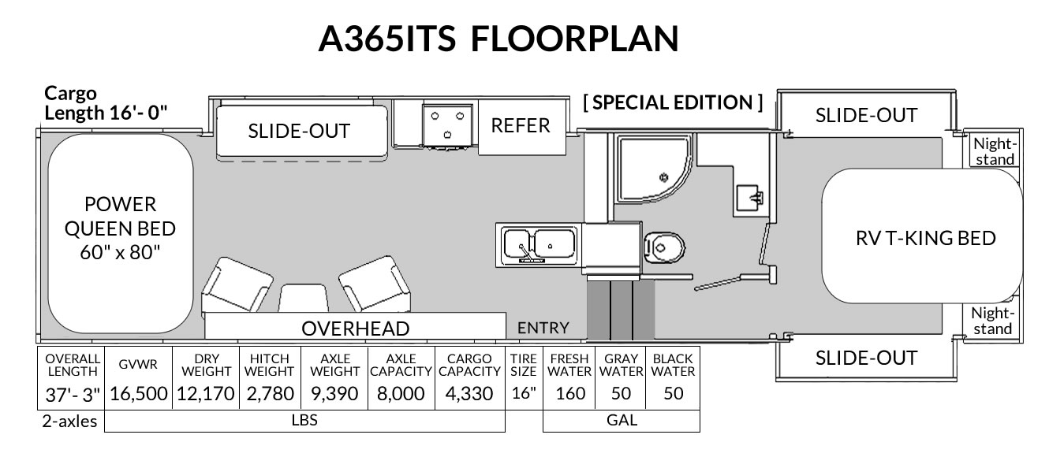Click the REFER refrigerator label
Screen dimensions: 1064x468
[520, 126]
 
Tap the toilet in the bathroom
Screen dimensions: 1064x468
[664, 247]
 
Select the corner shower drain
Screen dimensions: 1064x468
[663, 177]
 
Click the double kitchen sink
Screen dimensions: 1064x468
[539, 245]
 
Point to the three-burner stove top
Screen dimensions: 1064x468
[447, 124]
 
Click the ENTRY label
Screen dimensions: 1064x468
[543, 328]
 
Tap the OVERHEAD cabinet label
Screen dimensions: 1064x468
[355, 329]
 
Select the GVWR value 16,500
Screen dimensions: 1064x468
[139, 393]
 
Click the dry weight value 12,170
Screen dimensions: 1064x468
[206, 393]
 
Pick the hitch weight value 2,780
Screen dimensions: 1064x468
[271, 393]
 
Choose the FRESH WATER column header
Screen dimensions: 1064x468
[569, 365]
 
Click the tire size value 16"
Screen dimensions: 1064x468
[524, 393]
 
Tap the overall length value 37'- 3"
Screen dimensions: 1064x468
[73, 395]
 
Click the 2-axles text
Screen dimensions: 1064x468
[69, 421]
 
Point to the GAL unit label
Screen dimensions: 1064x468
[622, 420]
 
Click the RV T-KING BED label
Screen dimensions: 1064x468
[925, 238]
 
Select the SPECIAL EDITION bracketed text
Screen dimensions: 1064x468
[673, 102]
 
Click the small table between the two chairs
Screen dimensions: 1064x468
[303, 298]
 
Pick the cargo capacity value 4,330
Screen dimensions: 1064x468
[469, 393]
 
